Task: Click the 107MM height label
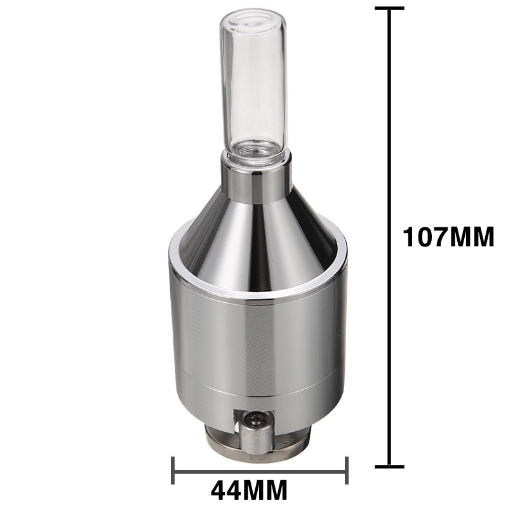(x=448, y=237)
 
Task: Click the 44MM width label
(x=249, y=490)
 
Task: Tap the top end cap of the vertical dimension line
(x=389, y=8)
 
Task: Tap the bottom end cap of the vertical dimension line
(x=389, y=467)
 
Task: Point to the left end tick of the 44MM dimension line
(x=173, y=471)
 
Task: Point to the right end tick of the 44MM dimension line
(x=347, y=471)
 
